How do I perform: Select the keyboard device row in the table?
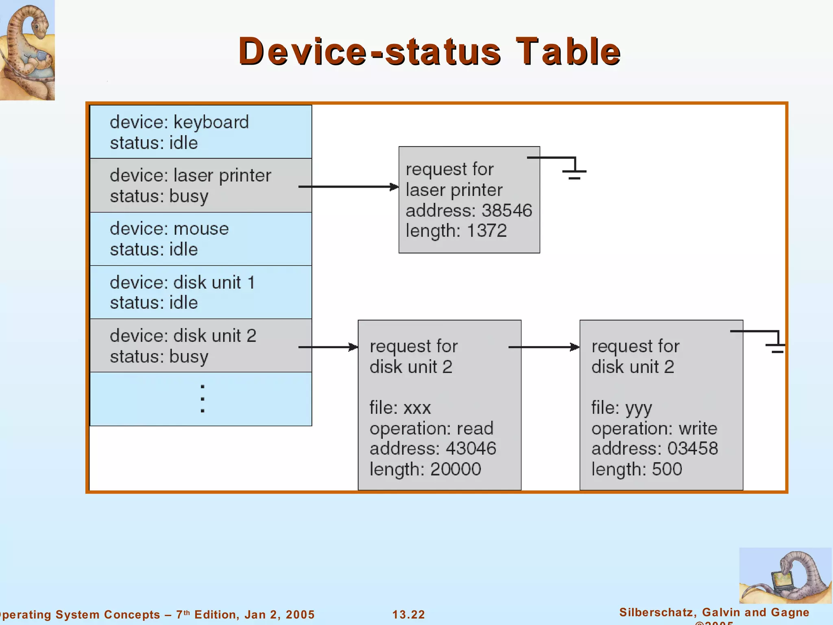point(201,132)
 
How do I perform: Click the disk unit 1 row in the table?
point(201,292)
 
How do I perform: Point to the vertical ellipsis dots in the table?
point(203,399)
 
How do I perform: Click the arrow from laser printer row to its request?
point(348,187)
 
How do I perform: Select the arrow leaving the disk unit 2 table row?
point(328,347)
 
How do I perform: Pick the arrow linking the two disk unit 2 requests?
point(544,347)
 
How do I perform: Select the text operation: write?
point(654,428)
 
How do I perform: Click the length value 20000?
point(456,469)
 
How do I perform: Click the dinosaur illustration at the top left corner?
point(27,50)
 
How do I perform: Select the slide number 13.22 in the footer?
point(408,614)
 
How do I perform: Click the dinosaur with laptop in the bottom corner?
point(785,575)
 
